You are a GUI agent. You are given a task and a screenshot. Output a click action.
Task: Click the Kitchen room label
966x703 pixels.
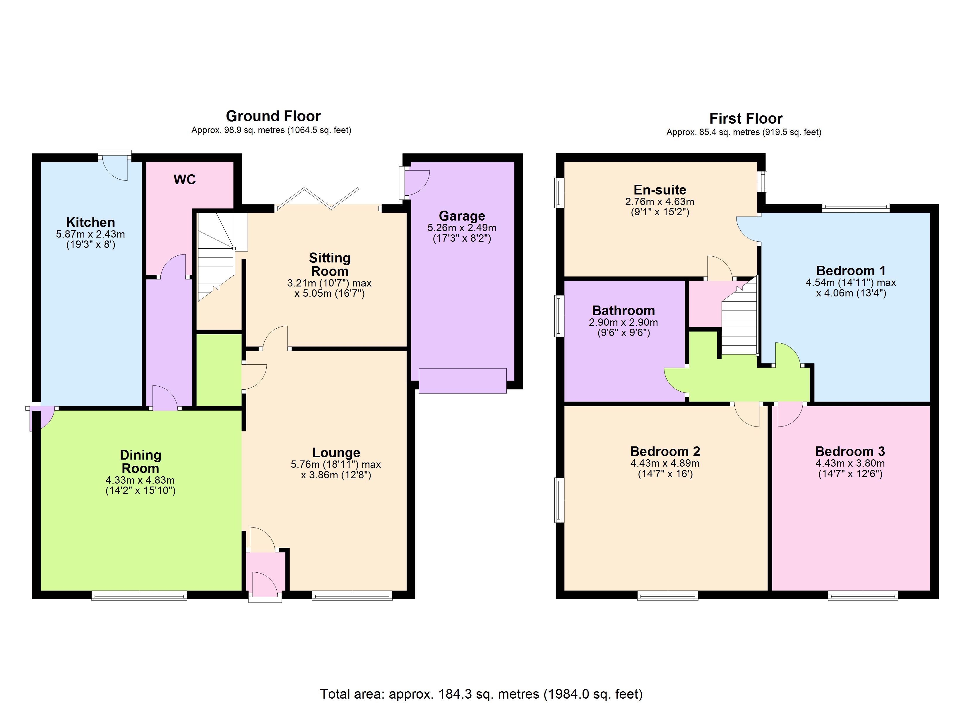(90, 222)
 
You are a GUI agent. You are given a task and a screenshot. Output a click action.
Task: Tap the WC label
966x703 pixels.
(184, 180)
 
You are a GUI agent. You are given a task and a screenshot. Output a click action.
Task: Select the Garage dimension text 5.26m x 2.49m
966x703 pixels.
(462, 228)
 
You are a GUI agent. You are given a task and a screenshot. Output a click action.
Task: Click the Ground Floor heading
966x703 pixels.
(273, 116)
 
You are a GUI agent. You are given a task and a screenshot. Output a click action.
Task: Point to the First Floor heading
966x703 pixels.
(745, 118)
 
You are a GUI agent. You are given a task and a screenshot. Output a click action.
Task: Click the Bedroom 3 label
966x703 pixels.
(850, 451)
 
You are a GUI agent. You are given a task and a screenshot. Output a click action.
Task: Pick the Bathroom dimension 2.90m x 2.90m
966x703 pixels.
(623, 322)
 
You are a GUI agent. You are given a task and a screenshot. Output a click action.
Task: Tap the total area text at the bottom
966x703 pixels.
(481, 694)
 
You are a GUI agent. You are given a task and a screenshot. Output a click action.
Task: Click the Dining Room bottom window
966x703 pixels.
(139, 595)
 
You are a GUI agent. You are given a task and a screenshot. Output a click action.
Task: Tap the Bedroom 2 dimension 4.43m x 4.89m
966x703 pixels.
(664, 463)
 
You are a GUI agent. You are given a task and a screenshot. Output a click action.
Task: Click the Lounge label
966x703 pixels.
(336, 452)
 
